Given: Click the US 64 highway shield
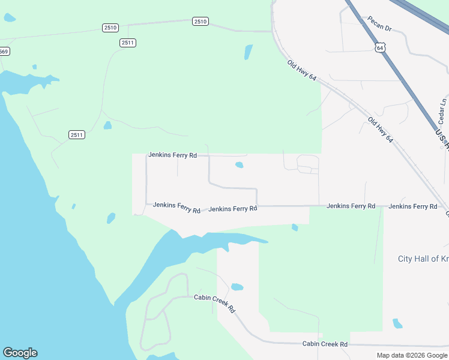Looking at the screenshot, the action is click(x=379, y=47).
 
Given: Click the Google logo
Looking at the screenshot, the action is click(x=20, y=353).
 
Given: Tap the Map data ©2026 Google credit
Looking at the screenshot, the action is click(x=412, y=355).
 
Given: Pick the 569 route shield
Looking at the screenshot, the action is click(x=4, y=52).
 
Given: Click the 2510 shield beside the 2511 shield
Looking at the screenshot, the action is click(x=110, y=28).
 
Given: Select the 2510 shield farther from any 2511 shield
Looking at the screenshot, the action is click(x=200, y=22).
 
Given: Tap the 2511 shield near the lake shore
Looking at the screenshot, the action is click(x=77, y=134).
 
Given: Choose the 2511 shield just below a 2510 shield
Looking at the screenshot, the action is click(x=128, y=43).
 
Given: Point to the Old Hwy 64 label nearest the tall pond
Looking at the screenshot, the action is click(x=301, y=73).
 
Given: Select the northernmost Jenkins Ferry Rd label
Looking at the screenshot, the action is click(x=172, y=155).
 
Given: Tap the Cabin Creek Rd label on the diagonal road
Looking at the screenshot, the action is click(x=214, y=303).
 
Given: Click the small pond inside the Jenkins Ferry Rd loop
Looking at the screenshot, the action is click(x=240, y=165).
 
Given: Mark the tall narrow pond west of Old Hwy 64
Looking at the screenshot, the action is click(x=248, y=52).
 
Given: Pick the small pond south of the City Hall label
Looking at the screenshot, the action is click(x=397, y=323).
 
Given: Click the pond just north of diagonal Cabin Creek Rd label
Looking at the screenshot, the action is click(x=237, y=287).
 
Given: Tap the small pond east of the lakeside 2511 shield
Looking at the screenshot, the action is click(x=107, y=125).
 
